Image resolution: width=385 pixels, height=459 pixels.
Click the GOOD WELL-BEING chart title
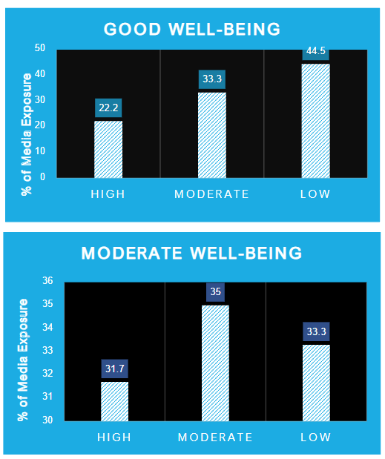point(191,30)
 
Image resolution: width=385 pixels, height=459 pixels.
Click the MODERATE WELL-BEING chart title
point(191,254)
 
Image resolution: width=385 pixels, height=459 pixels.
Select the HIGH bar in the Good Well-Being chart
point(108,149)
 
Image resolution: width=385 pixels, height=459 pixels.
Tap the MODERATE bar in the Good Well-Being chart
point(212,135)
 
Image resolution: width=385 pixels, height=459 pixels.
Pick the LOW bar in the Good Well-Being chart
point(315,121)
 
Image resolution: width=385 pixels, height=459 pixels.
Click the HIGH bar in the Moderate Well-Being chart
point(115,401)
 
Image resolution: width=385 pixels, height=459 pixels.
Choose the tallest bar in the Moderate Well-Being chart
point(216,363)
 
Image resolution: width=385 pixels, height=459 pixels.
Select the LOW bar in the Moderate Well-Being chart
point(316,383)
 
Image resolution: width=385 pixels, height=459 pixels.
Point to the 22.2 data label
point(108,108)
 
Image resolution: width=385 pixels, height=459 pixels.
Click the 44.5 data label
point(315,52)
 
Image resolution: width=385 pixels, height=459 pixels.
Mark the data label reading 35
point(216,292)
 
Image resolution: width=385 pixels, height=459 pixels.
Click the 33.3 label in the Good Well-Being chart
point(212,79)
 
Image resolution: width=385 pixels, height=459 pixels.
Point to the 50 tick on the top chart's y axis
point(40,48)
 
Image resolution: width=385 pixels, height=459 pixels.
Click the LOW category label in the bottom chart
point(316,437)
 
